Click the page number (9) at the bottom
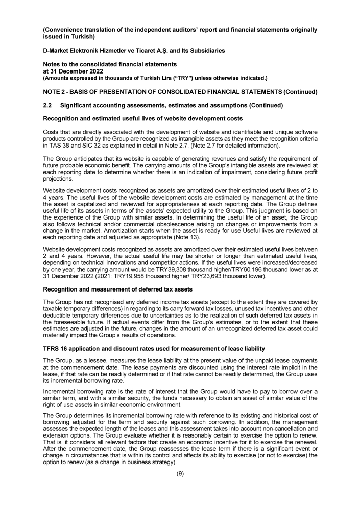(180, 473)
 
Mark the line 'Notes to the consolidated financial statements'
(103, 64)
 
